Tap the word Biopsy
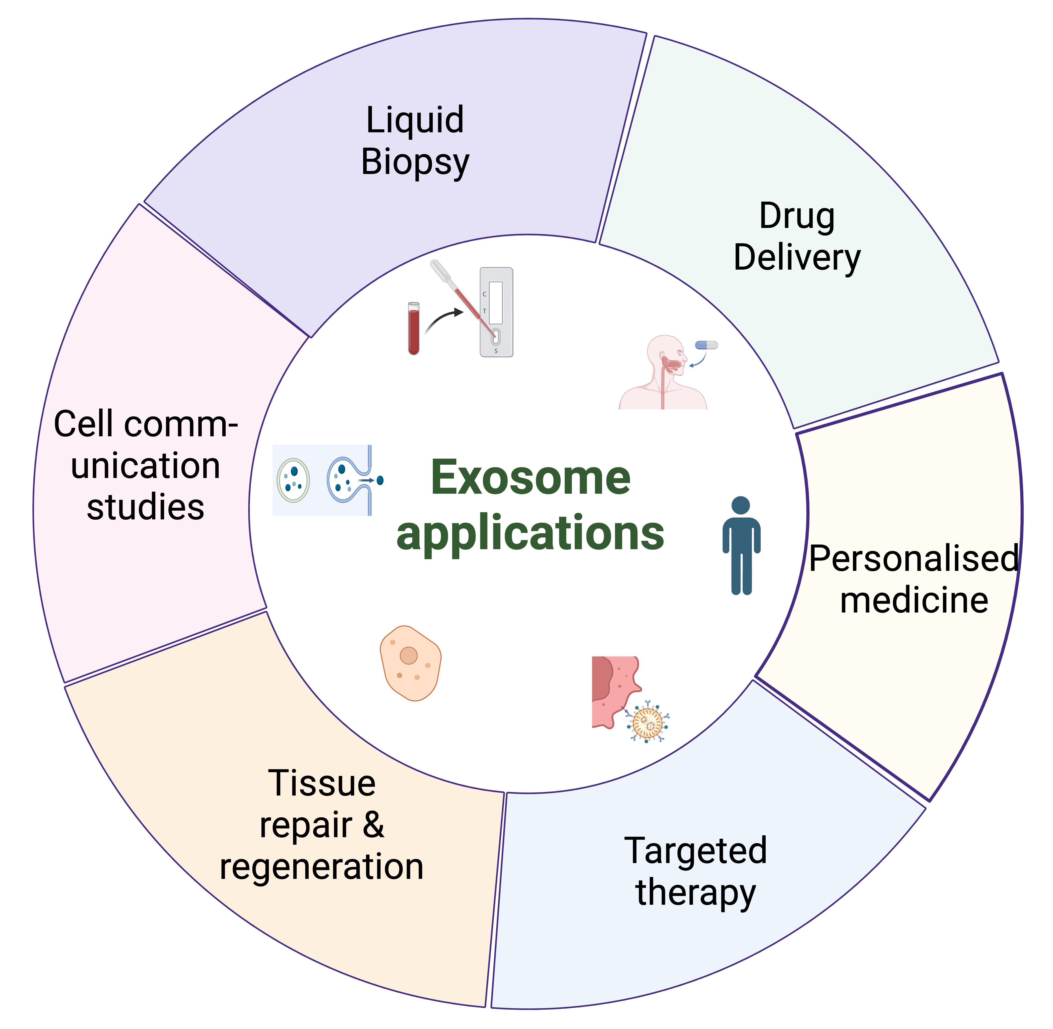coord(415,162)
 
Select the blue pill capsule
coord(706,345)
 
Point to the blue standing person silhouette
coord(741,546)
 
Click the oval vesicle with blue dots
coord(293,480)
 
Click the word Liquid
coord(415,120)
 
